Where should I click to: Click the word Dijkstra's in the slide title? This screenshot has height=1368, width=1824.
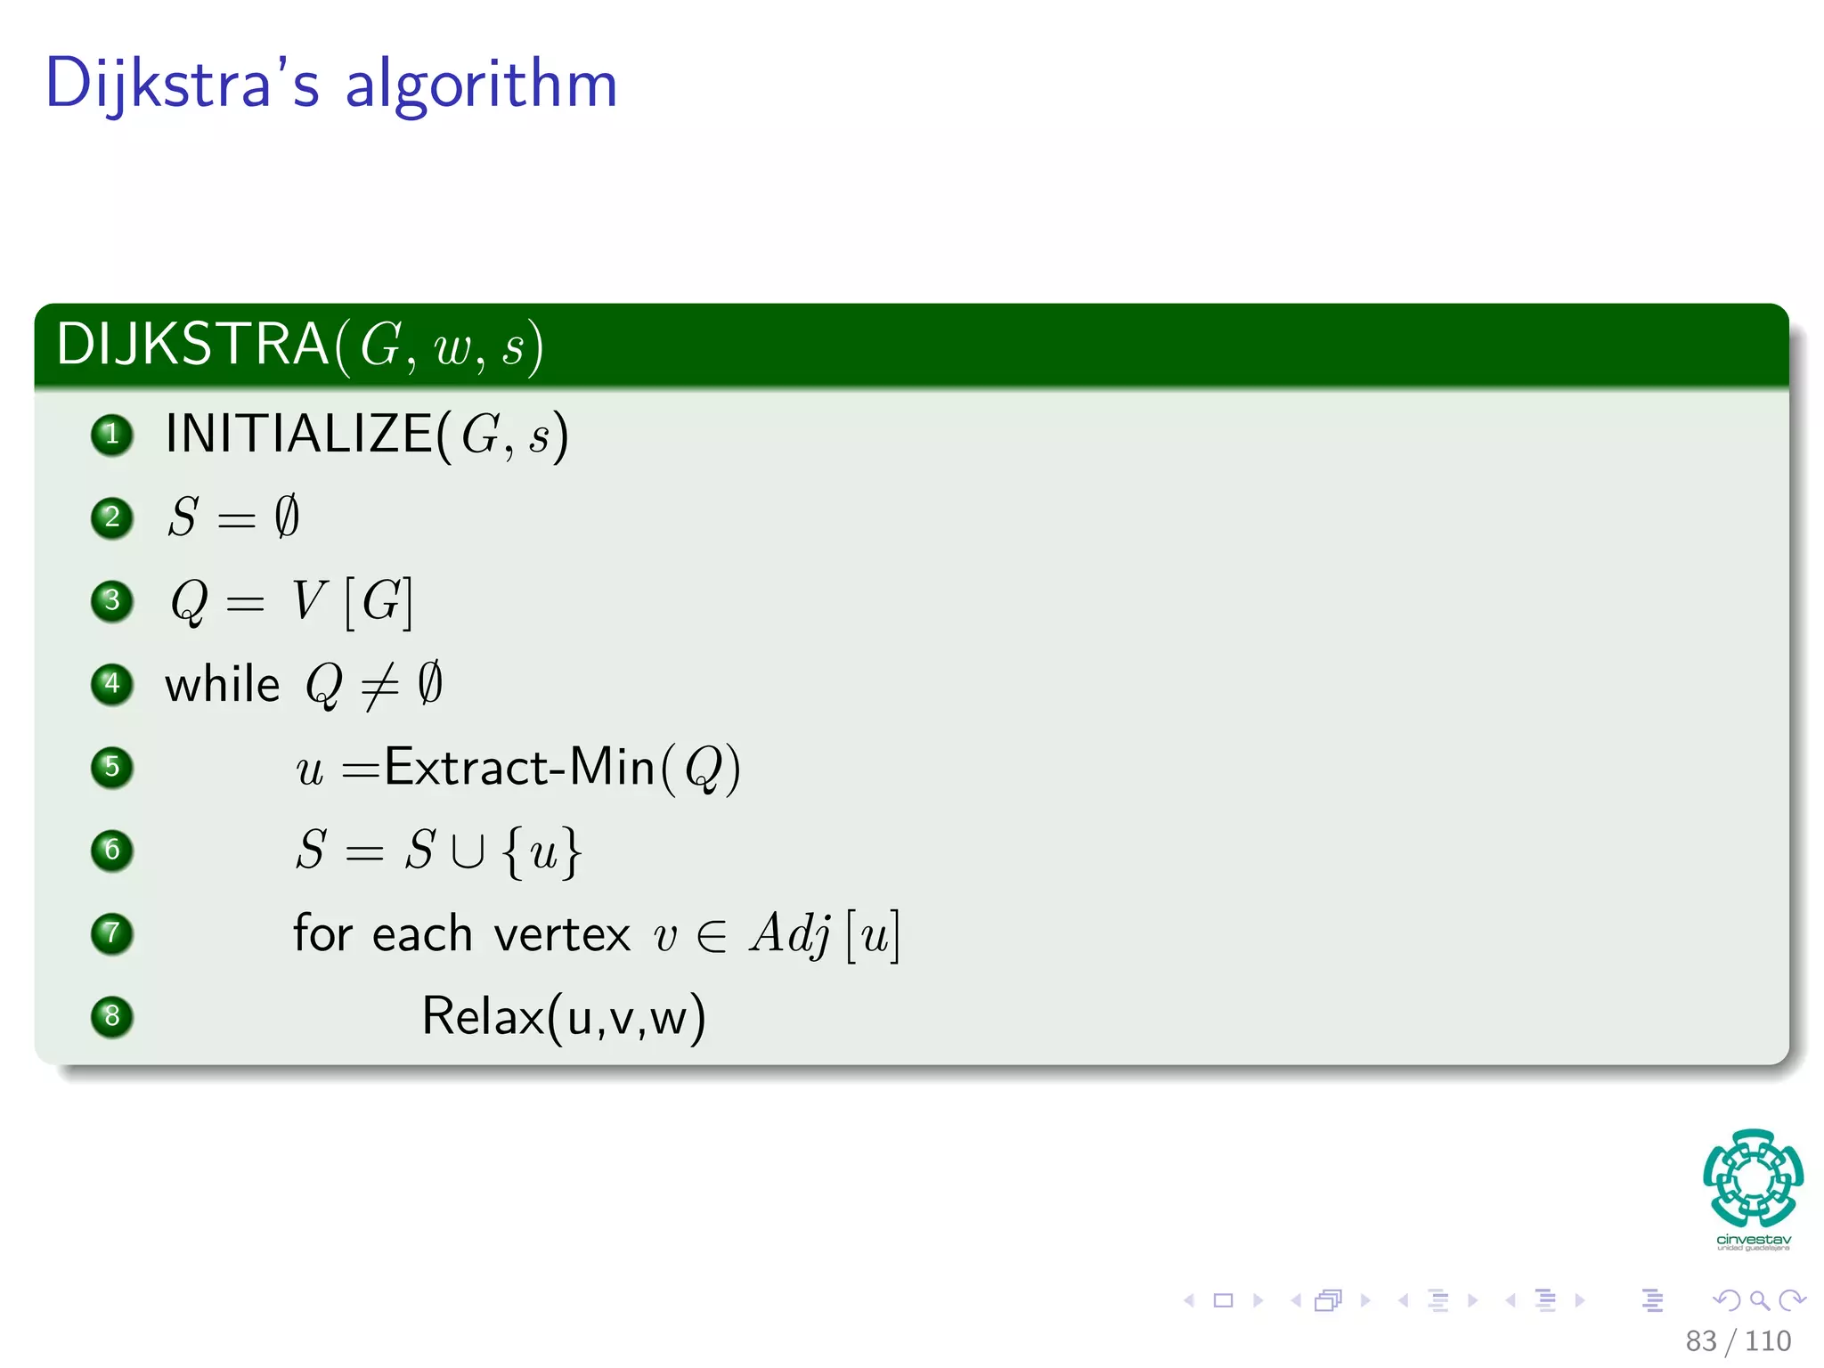tap(182, 84)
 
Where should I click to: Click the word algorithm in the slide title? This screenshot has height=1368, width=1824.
tap(481, 85)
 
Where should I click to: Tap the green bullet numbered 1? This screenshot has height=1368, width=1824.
tap(112, 435)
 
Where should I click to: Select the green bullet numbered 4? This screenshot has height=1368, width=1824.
tap(112, 684)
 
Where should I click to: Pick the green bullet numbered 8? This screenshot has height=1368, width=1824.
tap(112, 1016)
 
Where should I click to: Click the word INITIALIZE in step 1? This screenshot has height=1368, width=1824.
tap(299, 435)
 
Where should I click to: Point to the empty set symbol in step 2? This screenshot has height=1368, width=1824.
tap(287, 517)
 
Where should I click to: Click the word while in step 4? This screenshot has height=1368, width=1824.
tap(223, 685)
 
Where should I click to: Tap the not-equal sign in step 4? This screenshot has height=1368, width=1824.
tap(380, 687)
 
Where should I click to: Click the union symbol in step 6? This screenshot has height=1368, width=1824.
tap(468, 851)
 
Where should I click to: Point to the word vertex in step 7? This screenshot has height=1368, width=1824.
tap(562, 934)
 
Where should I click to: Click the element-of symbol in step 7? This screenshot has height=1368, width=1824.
tap(712, 935)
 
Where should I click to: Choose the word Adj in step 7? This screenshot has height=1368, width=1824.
tap(791, 934)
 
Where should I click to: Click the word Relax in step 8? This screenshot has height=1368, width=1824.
tap(482, 1016)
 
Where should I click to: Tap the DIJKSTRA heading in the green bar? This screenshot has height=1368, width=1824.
tap(192, 345)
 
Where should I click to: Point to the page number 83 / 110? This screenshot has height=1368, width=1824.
tap(1738, 1340)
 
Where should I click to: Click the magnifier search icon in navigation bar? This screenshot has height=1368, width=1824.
tap(1760, 1300)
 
